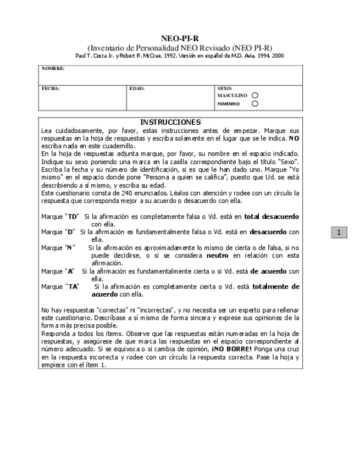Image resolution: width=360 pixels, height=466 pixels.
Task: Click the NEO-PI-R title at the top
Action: (x=179, y=38)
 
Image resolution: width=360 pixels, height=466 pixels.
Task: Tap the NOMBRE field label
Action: (x=53, y=69)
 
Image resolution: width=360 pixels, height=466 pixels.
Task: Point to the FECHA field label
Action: (x=51, y=88)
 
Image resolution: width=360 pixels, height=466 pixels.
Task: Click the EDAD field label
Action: (x=137, y=88)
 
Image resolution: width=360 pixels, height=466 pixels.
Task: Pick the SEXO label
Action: (x=225, y=88)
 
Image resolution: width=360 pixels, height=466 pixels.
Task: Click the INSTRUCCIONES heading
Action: (x=170, y=122)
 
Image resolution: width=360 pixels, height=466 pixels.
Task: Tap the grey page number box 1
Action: (x=339, y=232)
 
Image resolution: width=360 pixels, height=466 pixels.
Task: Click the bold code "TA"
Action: (x=73, y=286)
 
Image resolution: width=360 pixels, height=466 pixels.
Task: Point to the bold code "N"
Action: (x=70, y=247)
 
